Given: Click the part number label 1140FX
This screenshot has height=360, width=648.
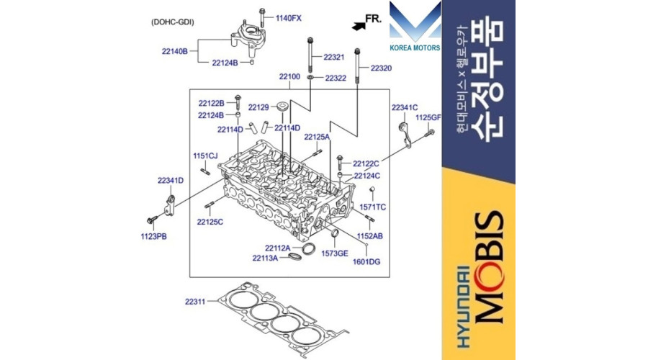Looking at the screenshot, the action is pos(289,18).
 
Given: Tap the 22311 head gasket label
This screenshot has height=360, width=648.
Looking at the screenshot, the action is pos(195,302).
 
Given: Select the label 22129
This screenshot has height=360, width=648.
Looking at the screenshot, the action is pos(258,107).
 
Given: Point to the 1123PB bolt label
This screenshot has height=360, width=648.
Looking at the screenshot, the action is pos(154,237).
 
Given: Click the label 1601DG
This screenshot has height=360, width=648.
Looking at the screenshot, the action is pos(366,261).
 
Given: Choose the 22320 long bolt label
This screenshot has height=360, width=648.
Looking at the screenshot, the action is pos(381,68).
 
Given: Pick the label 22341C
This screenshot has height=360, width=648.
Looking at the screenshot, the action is pos(405,108).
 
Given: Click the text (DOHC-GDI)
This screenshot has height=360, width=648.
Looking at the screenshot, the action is pos(172,22).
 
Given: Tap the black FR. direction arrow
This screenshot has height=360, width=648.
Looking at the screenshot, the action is pos(359,26).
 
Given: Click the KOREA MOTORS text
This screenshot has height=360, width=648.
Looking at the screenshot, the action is pos(415,48).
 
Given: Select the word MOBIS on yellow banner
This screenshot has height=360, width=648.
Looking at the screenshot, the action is pos(490,267).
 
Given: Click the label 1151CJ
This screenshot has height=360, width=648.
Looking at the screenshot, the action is pos(205,156).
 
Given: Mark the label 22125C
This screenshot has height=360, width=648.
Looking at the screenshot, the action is pos(210,222).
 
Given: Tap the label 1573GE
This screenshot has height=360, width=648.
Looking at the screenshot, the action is pos(335,253).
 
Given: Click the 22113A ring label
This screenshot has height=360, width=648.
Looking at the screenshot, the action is pos(265,258).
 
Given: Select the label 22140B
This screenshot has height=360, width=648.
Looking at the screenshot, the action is pos(175,52).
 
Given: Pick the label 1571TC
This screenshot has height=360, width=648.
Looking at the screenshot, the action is pos(373,207).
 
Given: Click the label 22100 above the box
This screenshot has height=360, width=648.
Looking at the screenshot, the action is pos(289,77).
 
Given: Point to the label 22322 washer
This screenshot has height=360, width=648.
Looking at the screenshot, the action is pos(336,78).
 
